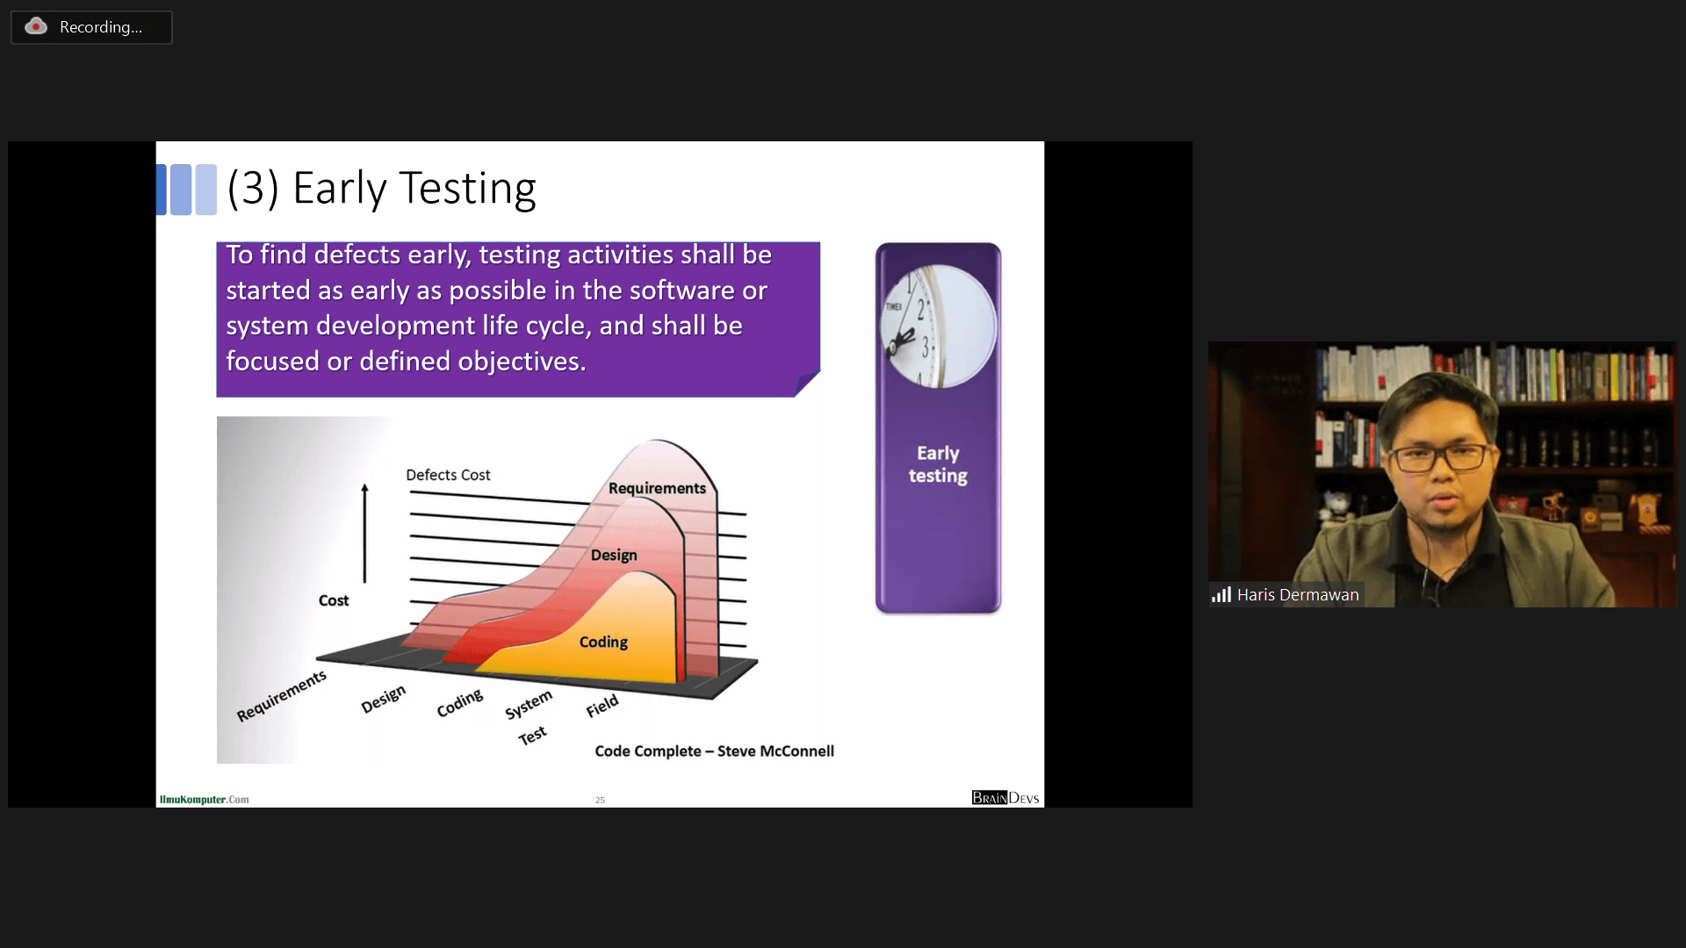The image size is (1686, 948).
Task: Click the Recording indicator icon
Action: (36, 26)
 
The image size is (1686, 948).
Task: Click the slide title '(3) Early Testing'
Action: (381, 189)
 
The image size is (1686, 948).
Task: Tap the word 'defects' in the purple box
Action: (357, 255)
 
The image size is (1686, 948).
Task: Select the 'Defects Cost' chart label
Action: (448, 475)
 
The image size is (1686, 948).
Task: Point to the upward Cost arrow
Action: (364, 533)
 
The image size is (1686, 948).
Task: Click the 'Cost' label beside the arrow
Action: (334, 600)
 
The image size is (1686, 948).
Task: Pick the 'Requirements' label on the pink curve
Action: (657, 488)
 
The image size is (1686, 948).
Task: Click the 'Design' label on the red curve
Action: (614, 555)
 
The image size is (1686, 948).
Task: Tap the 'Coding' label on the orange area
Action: (603, 642)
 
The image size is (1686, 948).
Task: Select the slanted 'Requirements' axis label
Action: (281, 696)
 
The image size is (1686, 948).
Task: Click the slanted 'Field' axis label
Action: (602, 706)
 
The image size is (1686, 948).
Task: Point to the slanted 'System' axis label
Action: (529, 704)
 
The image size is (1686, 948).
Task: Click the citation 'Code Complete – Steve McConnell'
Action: (714, 751)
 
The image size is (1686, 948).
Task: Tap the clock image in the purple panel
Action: (938, 327)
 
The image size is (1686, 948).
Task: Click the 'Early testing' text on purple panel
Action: (938, 464)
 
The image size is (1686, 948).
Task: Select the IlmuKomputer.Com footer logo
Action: (204, 800)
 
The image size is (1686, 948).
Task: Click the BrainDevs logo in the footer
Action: (1005, 798)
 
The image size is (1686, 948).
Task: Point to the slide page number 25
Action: (600, 801)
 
